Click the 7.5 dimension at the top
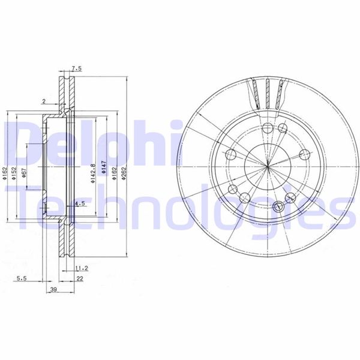[76, 69]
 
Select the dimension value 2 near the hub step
[44, 101]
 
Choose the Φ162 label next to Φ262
[115, 174]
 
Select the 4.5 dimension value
[80, 204]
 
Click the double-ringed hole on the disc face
[277, 206]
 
